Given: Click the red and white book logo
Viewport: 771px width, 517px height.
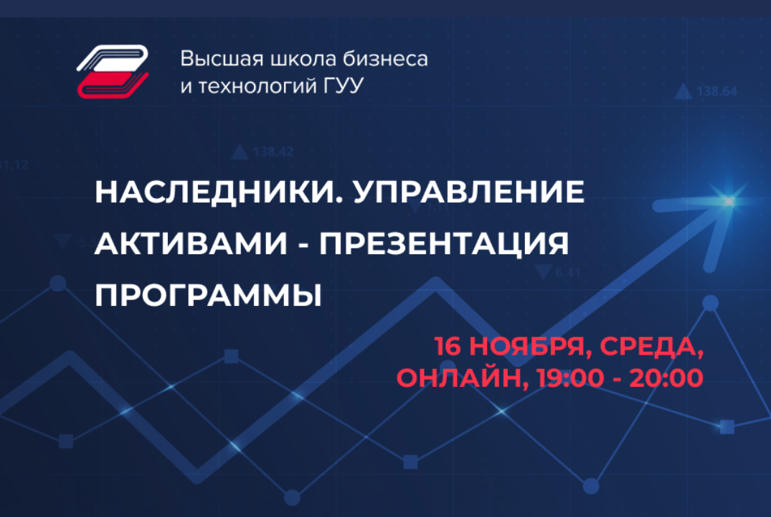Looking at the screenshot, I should coord(113,70).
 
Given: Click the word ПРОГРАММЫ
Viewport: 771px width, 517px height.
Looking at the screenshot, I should coord(208,295).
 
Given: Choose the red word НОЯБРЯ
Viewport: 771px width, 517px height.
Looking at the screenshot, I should coord(530,347).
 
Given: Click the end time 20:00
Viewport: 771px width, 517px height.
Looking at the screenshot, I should coord(666,378).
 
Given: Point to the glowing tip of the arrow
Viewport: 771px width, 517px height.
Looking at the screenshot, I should coord(730,202).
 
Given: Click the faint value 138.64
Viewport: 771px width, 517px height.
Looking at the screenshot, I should coord(716,91).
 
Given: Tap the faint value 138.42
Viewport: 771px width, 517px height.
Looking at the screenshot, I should coord(273,152).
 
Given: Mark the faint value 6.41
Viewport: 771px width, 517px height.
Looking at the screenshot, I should coord(567,272).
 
